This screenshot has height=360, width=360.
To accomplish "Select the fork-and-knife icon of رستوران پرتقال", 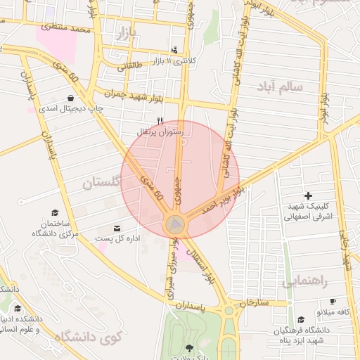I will pyautogui.click(x=160, y=121).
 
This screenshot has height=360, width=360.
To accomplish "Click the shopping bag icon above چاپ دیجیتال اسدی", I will pyautogui.click(x=71, y=98).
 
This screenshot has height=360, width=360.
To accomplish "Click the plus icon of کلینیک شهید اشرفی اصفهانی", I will pyautogui.click(x=308, y=195).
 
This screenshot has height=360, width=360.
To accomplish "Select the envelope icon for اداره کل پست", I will pyautogui.click(x=117, y=229).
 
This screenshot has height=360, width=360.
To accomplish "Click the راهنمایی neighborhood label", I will pyautogui.click(x=306, y=281).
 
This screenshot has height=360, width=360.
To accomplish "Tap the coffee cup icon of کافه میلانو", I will pyautogui.click(x=333, y=301).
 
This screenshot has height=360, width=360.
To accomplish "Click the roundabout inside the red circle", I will pyautogui.click(x=175, y=225).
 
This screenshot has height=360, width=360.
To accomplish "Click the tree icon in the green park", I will pyautogui.click(x=188, y=347).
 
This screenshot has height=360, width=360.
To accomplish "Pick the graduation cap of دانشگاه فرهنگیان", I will pyautogui.click(x=301, y=319).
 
